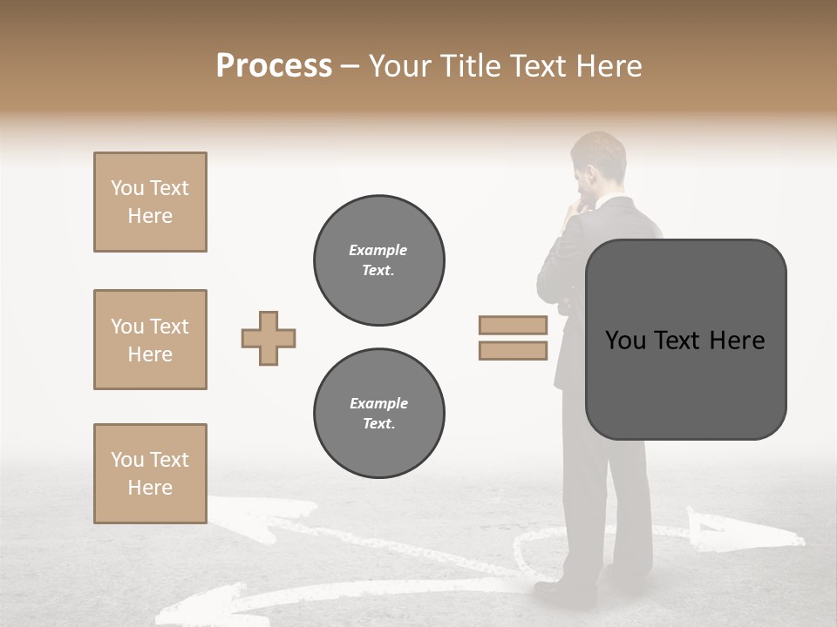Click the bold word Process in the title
point(274,65)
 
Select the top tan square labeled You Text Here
point(150,202)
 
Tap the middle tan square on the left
point(150,340)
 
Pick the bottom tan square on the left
point(150,474)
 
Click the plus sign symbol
point(269,338)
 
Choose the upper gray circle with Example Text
point(378,260)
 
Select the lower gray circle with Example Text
point(378,413)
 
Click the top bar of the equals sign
point(513,325)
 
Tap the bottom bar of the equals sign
point(513,351)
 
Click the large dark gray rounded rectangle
point(685,340)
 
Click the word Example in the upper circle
point(378,250)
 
